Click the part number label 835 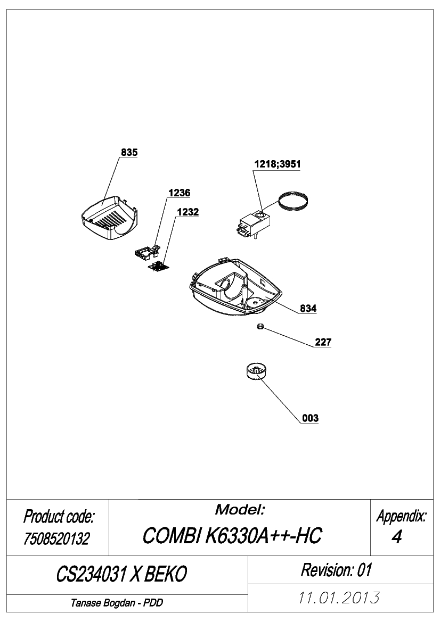129,152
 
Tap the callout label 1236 179,193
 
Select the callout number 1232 188,212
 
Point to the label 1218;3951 277,164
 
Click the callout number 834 308,308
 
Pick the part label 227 323,342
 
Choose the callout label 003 310,418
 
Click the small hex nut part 260,327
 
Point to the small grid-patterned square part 158,267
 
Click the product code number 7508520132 57,538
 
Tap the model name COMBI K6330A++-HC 232,535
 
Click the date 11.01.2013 339,598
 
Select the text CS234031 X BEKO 121,574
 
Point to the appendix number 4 397,537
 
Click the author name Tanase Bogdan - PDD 117,603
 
